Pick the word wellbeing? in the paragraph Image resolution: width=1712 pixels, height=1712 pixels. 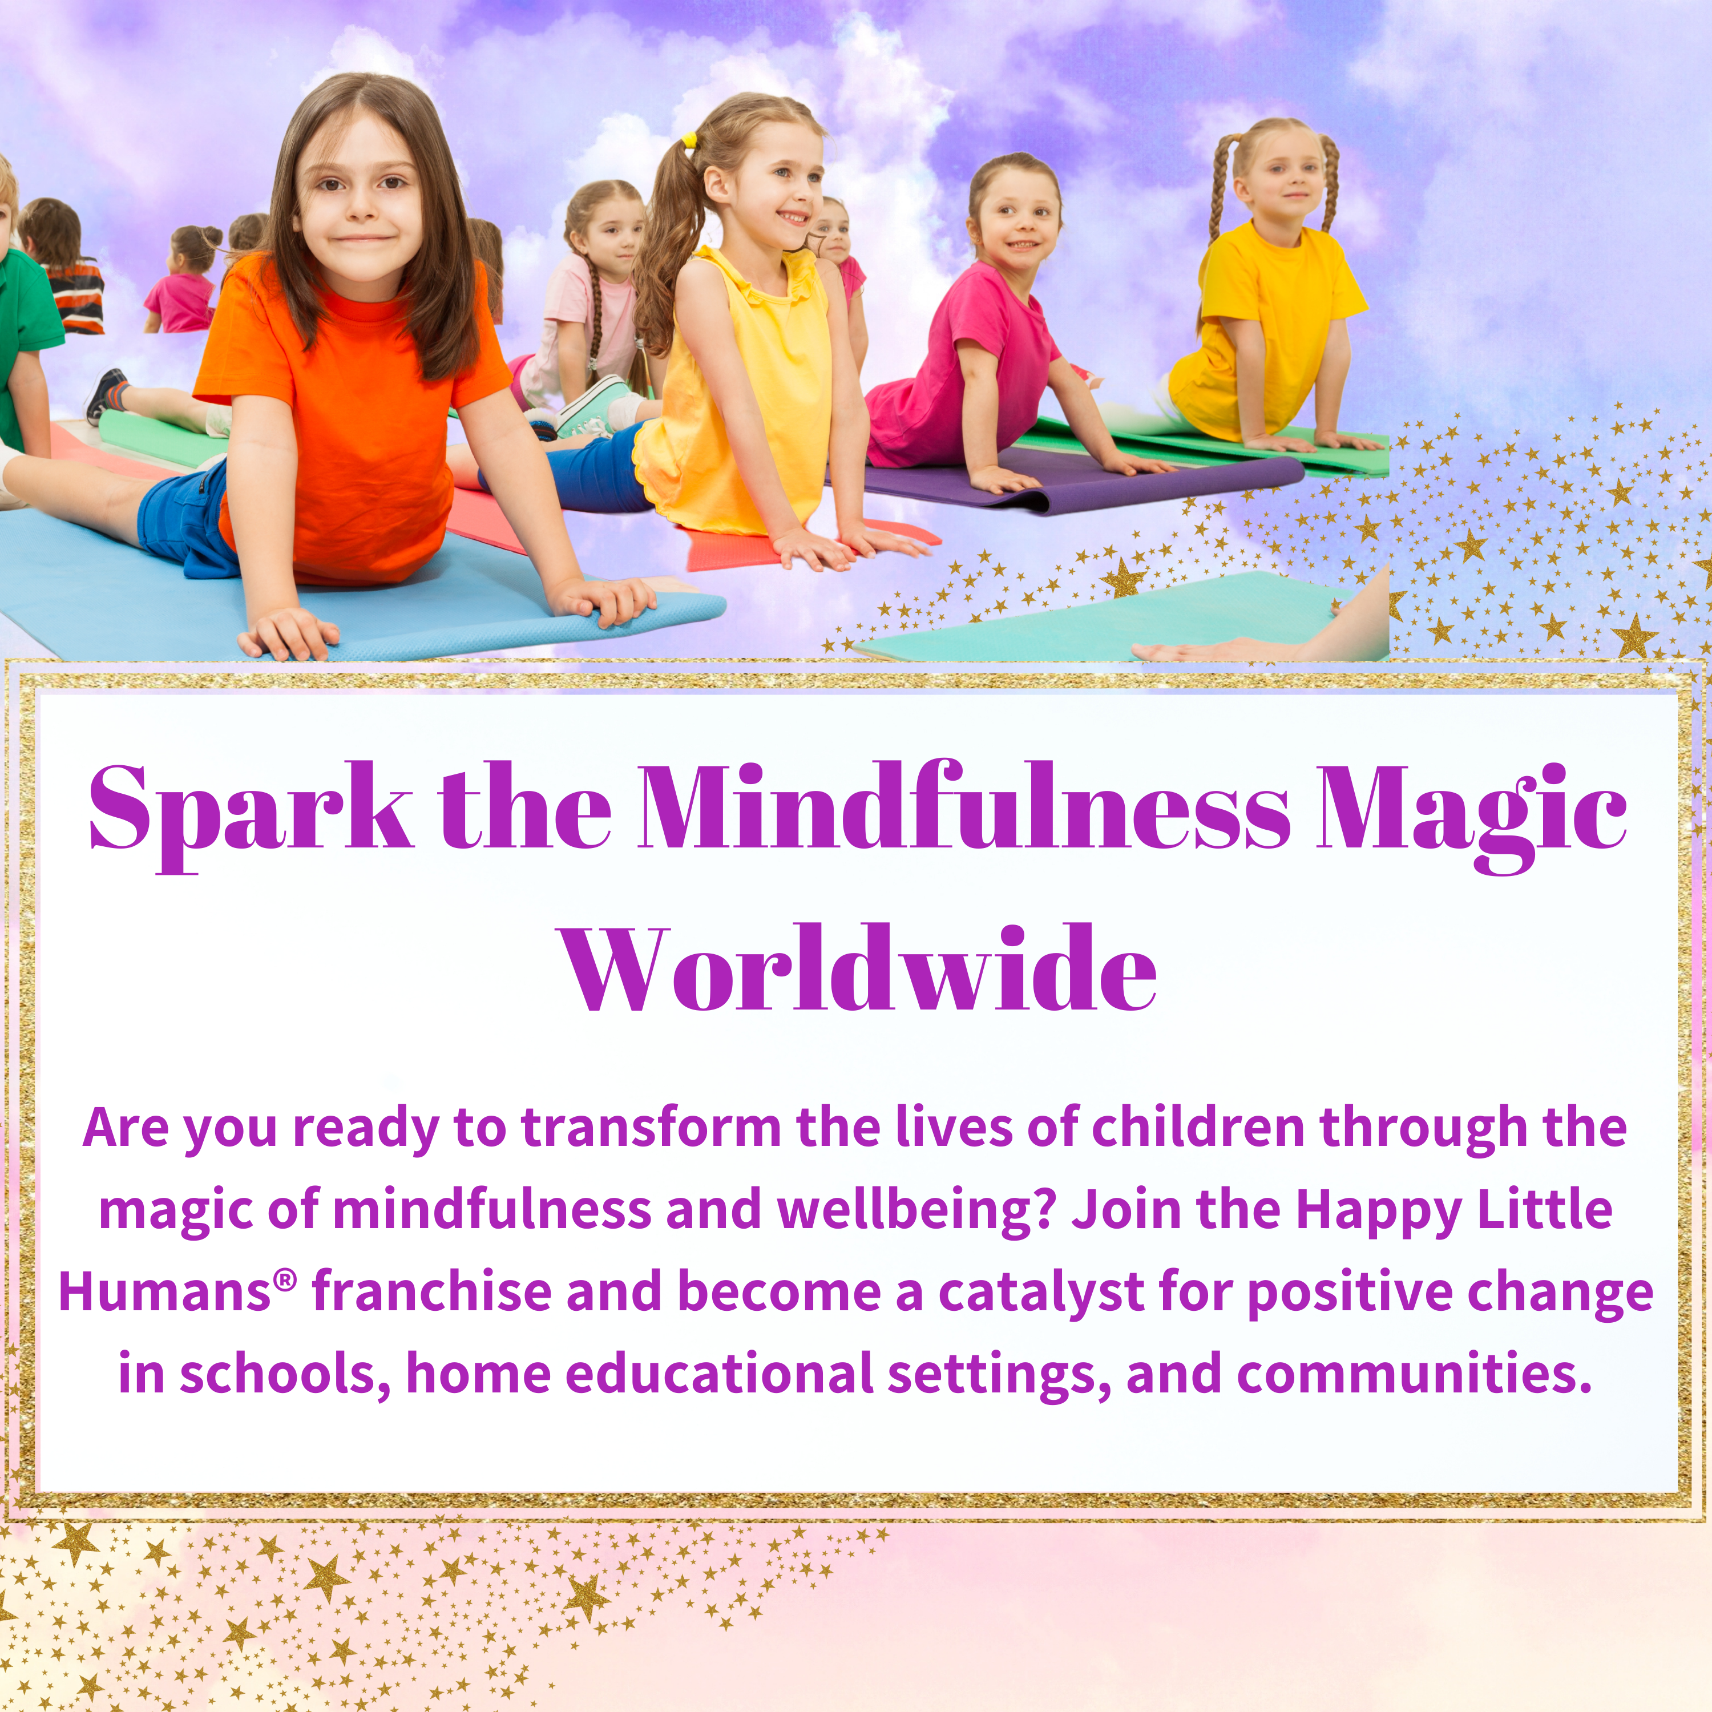click(x=917, y=1210)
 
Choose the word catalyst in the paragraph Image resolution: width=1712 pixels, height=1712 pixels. click(x=1041, y=1294)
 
